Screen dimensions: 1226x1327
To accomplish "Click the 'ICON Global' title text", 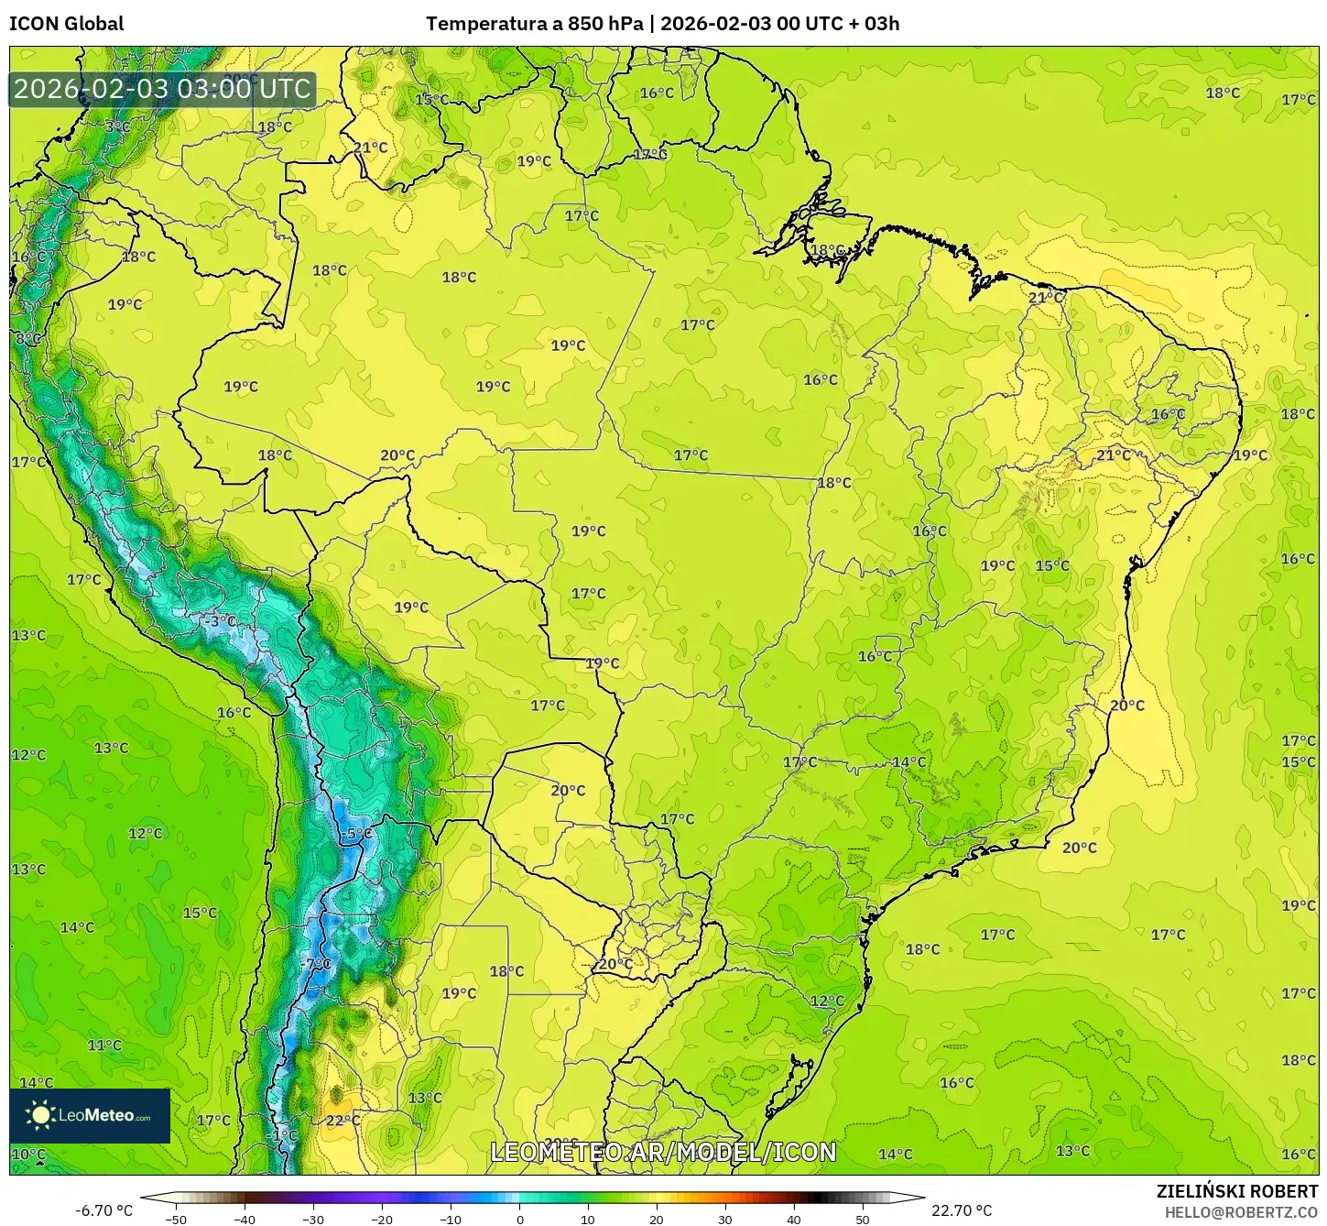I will [66, 24].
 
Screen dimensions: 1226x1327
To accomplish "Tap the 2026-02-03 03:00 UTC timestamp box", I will [162, 89].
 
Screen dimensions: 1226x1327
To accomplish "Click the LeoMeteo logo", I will [90, 1115].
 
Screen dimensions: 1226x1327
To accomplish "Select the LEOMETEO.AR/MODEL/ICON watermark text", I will [663, 1152].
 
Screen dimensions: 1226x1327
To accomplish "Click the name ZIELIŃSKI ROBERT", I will [1236, 1191].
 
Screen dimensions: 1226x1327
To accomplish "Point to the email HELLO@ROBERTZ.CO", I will [1241, 1212].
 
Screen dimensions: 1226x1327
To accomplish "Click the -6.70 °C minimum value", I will [103, 1210].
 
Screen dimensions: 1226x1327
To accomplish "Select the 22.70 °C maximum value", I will [962, 1210].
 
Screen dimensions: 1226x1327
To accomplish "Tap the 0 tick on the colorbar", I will [519, 1219].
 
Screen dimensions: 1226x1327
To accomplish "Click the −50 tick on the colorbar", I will [175, 1219].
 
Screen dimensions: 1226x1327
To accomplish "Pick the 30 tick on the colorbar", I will [725, 1219].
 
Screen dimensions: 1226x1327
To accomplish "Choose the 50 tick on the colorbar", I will [863, 1219].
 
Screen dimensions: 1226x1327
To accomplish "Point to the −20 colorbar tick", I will [381, 1219].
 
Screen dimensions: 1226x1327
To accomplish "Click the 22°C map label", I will [343, 1120].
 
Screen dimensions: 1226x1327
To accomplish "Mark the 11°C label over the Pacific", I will [104, 1045].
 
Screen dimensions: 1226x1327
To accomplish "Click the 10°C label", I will [28, 1154].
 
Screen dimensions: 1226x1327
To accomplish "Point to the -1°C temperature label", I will [282, 1134].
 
